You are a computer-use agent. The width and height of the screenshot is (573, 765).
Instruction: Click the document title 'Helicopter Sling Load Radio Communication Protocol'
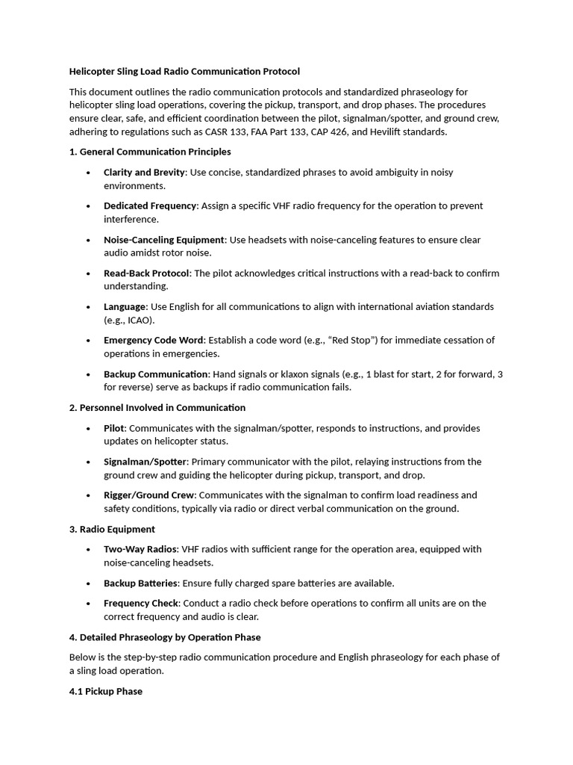[184, 72]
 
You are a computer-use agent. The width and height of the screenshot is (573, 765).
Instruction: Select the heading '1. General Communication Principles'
[150, 152]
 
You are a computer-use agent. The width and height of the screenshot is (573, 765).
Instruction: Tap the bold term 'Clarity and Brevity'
[144, 173]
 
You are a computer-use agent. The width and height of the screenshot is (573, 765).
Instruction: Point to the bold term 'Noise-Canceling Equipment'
[164, 240]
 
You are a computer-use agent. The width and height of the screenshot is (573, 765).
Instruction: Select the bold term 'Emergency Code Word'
[154, 341]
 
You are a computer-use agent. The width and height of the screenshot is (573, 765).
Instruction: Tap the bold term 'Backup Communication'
[156, 374]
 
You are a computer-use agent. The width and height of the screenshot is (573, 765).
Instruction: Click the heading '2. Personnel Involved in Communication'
[157, 408]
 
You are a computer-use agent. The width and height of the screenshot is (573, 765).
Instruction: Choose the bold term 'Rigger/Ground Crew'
[149, 495]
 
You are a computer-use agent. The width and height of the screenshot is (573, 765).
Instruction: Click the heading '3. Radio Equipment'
[112, 530]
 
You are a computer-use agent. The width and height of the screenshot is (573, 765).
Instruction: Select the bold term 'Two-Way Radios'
[140, 549]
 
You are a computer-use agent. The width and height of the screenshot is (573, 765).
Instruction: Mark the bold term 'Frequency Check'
[141, 603]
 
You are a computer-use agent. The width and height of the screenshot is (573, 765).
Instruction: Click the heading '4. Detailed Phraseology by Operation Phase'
[165, 637]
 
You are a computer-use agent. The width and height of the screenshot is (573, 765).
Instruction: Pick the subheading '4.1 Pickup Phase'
[106, 692]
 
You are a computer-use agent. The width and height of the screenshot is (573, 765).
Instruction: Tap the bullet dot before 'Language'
[88, 307]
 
